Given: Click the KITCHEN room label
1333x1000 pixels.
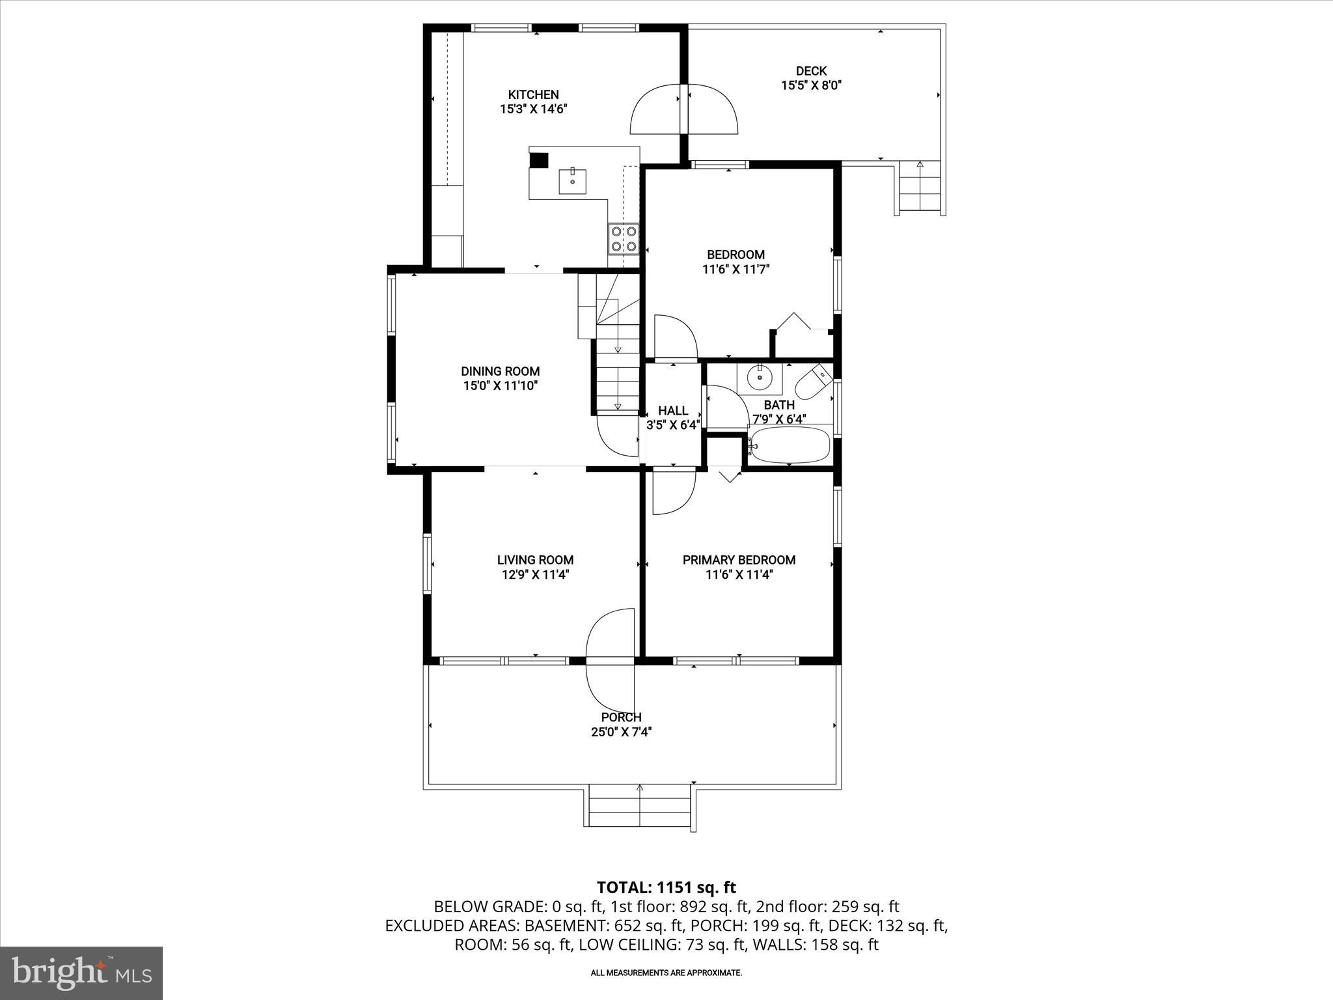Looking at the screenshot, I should (533, 94).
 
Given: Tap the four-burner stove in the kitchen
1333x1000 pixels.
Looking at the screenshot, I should (623, 238).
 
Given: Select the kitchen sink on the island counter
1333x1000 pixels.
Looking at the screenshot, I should (572, 181).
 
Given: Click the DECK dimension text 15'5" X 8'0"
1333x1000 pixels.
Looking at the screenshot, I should (811, 85).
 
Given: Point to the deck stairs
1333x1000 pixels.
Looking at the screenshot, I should (920, 189).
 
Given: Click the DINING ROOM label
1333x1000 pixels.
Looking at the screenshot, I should (500, 371).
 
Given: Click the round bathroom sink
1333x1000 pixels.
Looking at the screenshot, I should (759, 377).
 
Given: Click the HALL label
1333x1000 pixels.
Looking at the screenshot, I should (672, 411).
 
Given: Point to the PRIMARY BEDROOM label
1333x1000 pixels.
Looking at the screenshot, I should (739, 560).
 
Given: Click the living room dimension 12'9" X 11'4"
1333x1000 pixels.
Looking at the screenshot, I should (535, 575).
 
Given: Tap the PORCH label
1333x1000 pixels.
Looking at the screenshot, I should (621, 717).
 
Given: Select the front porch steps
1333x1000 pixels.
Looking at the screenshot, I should (639, 807).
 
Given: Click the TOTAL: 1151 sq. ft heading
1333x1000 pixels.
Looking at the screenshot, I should (666, 887).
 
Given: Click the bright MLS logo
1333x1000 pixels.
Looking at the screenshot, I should (81, 973).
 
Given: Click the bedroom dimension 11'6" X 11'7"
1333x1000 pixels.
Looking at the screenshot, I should (735, 270).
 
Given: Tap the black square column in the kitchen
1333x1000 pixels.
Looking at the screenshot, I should (539, 160).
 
